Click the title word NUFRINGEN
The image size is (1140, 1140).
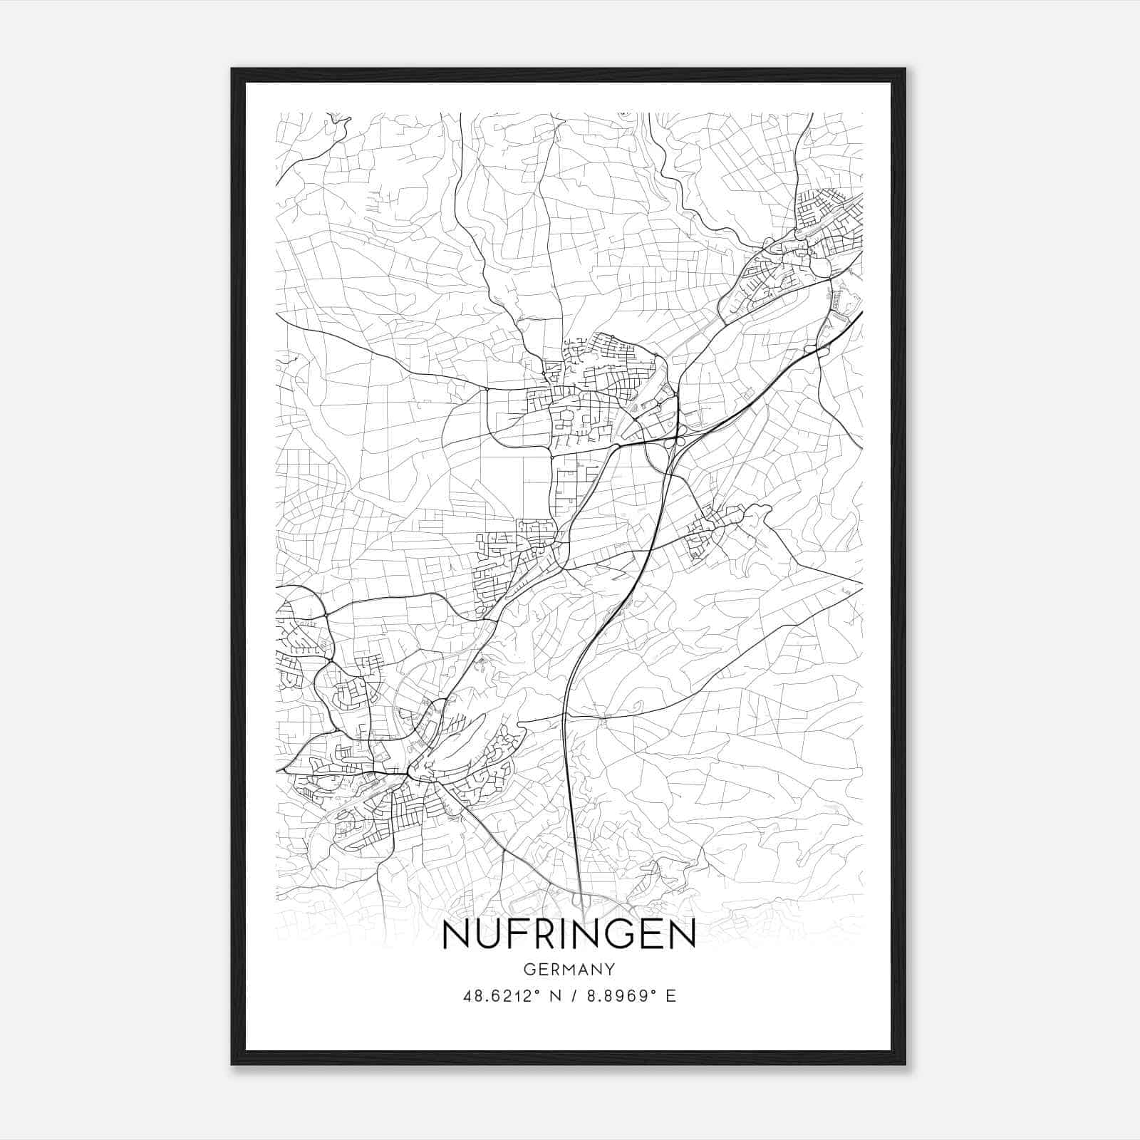[569, 936]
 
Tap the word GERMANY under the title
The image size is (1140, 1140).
[569, 969]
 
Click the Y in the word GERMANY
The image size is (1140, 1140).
[611, 969]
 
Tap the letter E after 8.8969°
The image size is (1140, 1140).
[670, 996]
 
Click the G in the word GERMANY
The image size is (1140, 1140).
[529, 969]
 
